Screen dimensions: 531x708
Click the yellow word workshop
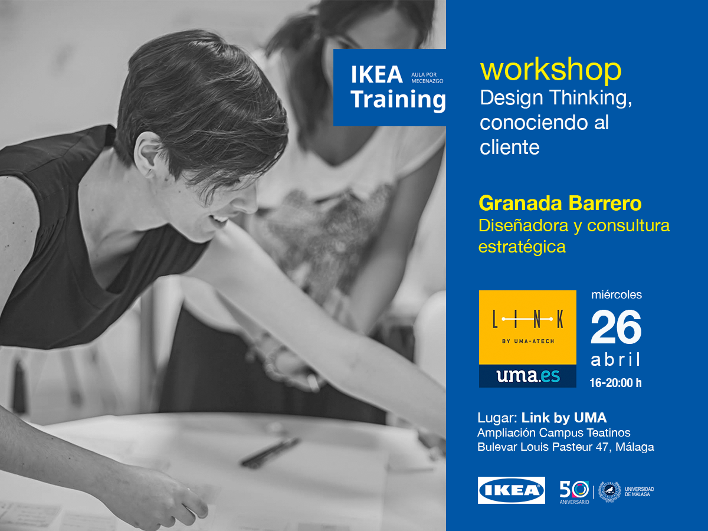pyautogui.click(x=550, y=70)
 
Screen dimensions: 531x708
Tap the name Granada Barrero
pyautogui.click(x=560, y=204)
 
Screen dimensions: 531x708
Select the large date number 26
pyautogui.click(x=615, y=328)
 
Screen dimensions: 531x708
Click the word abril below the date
pyautogui.click(x=615, y=360)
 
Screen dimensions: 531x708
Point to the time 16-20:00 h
pyautogui.click(x=615, y=383)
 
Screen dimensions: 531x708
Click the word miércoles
pyautogui.click(x=616, y=294)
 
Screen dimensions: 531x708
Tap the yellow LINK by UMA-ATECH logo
pyautogui.click(x=527, y=327)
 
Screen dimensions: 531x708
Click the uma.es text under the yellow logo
pyautogui.click(x=527, y=376)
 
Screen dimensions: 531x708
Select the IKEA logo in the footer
pyautogui.click(x=511, y=490)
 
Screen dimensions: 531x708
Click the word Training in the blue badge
pyautogui.click(x=398, y=100)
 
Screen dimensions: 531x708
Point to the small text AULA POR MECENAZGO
pyautogui.click(x=427, y=77)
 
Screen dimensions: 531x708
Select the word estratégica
pyautogui.click(x=522, y=247)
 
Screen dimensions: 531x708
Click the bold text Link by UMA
pyautogui.click(x=564, y=418)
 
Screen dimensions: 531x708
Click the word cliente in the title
pyautogui.click(x=510, y=147)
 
